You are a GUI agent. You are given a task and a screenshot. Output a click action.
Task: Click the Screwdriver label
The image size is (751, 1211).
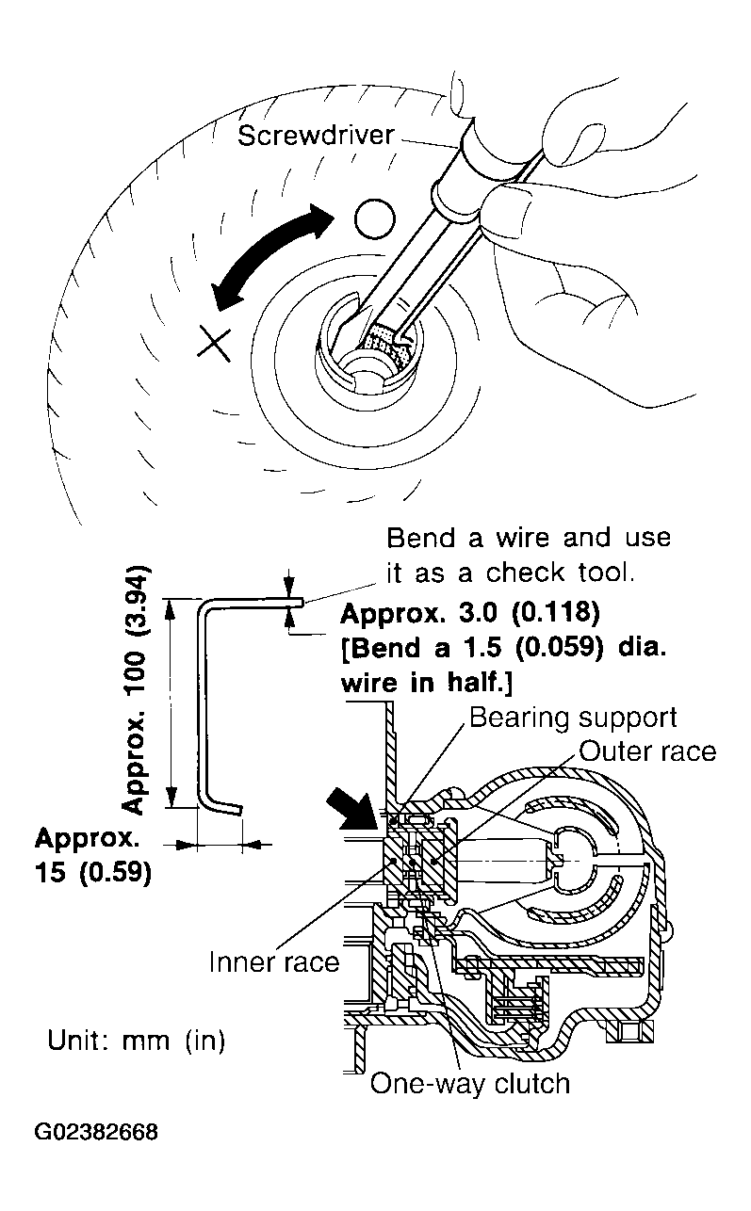point(315,136)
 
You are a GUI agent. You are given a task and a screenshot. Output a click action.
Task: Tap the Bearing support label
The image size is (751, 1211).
point(572,718)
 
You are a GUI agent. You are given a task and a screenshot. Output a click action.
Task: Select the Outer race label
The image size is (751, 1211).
point(646,751)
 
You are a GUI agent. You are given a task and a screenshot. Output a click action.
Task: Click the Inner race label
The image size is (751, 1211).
point(273,962)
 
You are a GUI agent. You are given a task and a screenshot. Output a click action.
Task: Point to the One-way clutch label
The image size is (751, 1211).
point(469,1083)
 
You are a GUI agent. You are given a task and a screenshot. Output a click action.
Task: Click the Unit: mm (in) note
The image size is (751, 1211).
point(136,1041)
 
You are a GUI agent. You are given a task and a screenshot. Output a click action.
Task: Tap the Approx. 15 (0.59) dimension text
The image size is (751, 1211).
point(92,855)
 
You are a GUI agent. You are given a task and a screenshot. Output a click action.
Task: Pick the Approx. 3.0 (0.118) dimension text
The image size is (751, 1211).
point(468,614)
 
